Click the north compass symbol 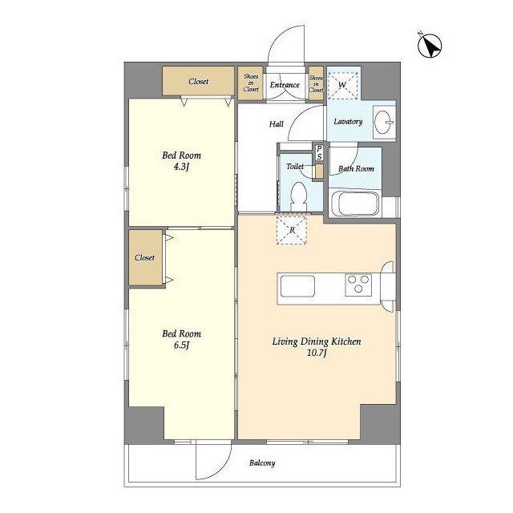[x=430, y=46]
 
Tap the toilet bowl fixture [x=299, y=196]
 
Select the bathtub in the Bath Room [x=354, y=203]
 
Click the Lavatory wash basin [x=383, y=123]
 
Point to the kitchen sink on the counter [x=297, y=286]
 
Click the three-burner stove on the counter [x=358, y=285]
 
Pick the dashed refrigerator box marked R [x=292, y=230]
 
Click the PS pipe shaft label [x=319, y=153]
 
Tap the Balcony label [x=262, y=463]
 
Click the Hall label [x=276, y=124]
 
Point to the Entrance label [x=285, y=85]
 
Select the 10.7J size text [x=317, y=353]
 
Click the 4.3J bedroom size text [x=182, y=168]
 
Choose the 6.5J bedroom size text [x=182, y=345]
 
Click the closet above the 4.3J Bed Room [x=198, y=81]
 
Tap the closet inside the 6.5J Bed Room [x=145, y=257]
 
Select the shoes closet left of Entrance [x=251, y=83]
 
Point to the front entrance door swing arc [x=278, y=36]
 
